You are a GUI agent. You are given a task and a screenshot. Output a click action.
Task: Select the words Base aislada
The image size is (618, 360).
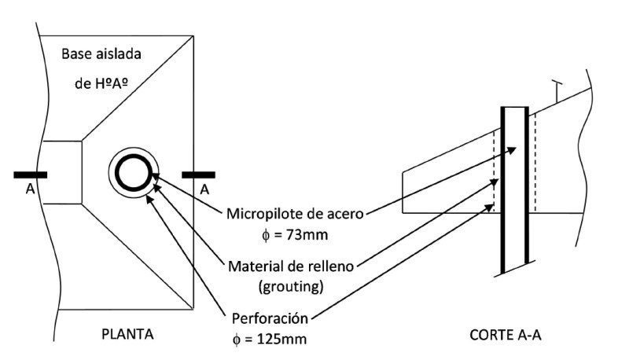click(95, 55)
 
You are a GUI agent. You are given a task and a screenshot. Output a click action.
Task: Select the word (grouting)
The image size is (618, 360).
click(288, 287)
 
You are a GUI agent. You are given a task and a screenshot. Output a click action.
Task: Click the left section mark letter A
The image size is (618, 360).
click(26, 189)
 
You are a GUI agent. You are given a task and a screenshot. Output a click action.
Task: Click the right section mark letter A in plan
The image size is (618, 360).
click(202, 189)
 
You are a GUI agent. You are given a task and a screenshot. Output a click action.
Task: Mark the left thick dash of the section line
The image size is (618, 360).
click(30, 174)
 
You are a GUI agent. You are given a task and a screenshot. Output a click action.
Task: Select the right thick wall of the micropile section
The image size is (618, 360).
click(526, 189)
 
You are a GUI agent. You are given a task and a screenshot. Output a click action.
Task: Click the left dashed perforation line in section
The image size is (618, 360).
click(493, 169)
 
